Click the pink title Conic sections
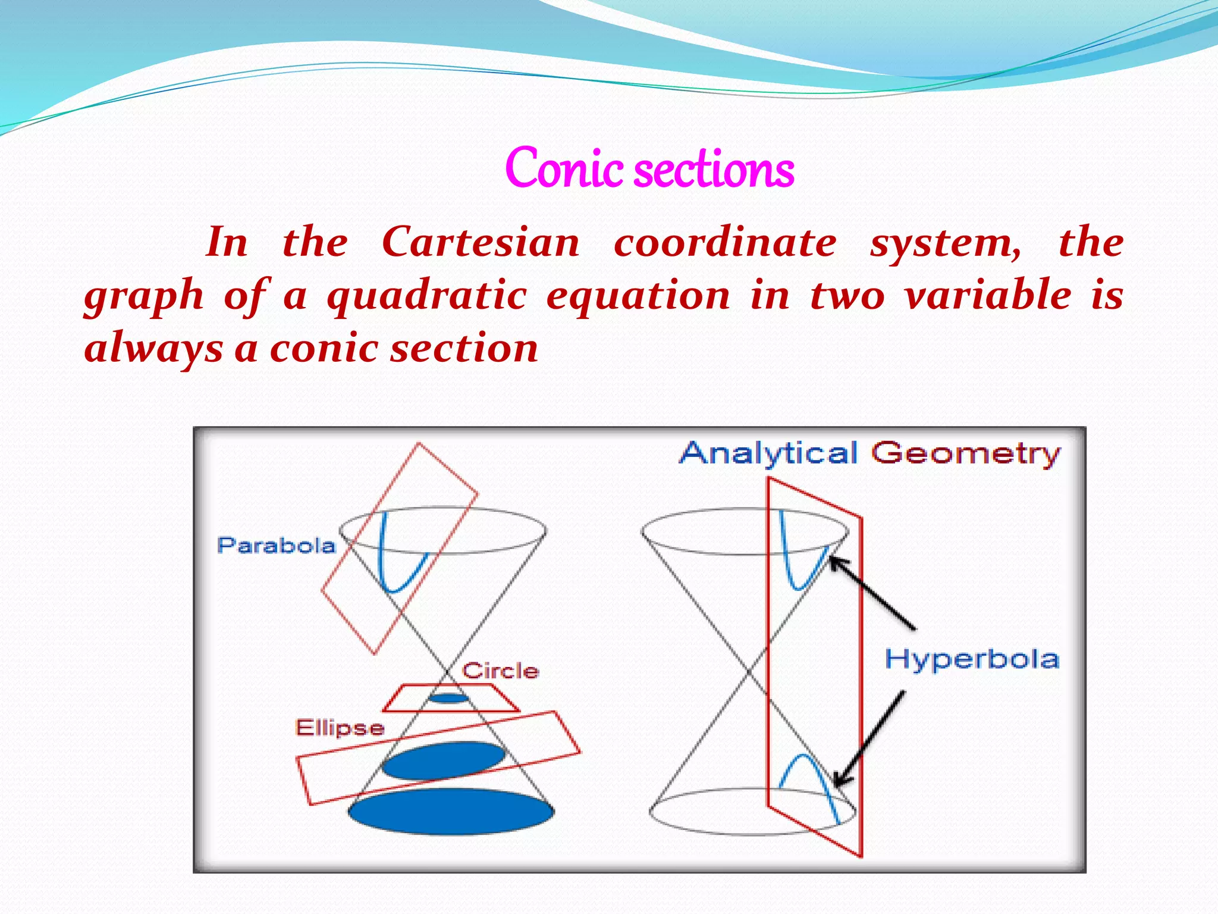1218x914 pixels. (649, 169)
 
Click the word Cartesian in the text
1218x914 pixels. (481, 243)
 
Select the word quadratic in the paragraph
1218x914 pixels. (426, 296)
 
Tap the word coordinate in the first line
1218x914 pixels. (725, 243)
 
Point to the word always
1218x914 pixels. (153, 349)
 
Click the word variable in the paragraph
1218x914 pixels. (987, 296)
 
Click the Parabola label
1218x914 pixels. (276, 546)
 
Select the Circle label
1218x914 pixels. (500, 671)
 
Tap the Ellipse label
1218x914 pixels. (340, 728)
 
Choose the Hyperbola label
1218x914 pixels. (972, 659)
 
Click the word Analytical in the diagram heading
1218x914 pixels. (768, 453)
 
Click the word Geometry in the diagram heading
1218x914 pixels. (966, 453)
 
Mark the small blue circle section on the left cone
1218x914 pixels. (448, 698)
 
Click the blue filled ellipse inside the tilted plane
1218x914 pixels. (443, 760)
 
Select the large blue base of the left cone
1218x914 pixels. (451, 811)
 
